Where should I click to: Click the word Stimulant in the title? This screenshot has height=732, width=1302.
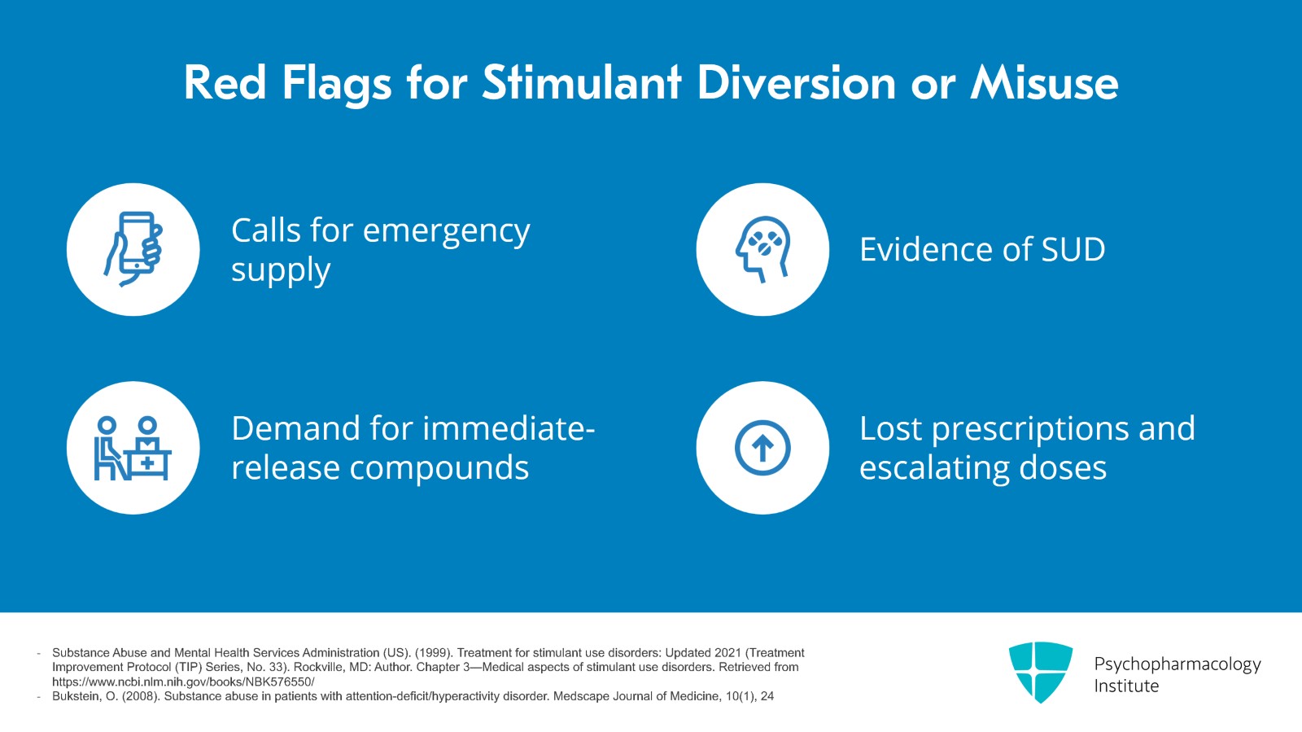click(x=581, y=83)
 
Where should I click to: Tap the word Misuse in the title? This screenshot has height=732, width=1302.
click(x=1044, y=83)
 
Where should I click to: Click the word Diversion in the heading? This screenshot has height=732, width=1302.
click(x=796, y=83)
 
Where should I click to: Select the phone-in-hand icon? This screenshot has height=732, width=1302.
click(x=133, y=249)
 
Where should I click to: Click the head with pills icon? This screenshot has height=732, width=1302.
click(x=762, y=249)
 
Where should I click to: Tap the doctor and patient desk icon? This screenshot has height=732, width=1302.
click(x=133, y=448)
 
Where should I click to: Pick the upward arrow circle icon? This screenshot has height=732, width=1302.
click(x=762, y=448)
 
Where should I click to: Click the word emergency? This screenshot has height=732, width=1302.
click(x=446, y=232)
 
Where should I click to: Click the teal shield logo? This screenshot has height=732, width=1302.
click(x=1040, y=672)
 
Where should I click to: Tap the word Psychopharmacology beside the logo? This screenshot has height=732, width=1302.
click(x=1177, y=664)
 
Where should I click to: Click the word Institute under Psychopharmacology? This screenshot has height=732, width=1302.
click(x=1125, y=686)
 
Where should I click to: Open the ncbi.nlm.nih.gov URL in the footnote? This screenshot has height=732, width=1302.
click(x=183, y=682)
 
